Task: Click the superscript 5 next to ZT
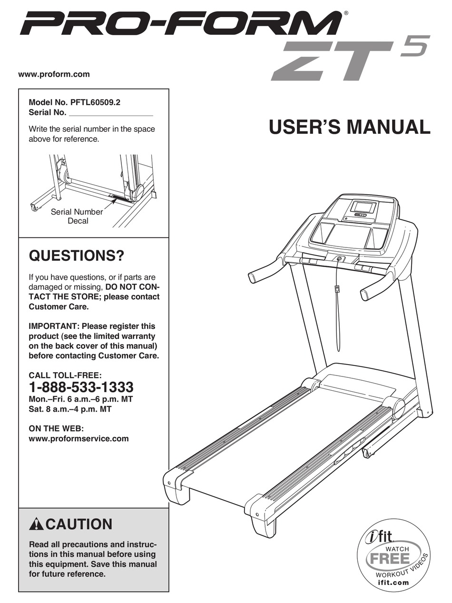414,46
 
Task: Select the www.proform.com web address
54,74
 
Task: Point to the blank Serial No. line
111,113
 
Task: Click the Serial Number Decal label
77,217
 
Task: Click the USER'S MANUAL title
349,127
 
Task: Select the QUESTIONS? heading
76,257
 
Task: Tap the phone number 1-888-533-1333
81,386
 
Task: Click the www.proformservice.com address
79,439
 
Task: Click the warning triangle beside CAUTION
36,525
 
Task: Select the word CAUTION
79,524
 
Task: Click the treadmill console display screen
364,207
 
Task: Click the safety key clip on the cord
337,289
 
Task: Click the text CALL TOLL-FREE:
65,376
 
